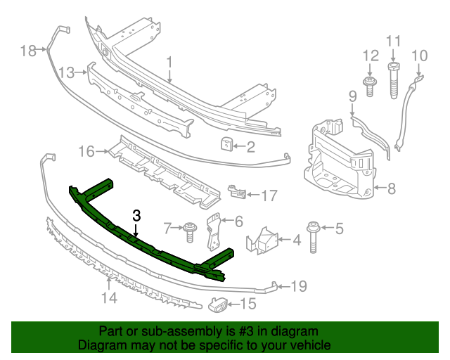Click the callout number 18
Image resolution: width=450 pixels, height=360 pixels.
(x=28, y=51)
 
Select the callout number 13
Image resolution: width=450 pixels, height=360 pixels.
(x=67, y=72)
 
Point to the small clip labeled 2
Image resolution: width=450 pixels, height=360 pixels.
(x=226, y=145)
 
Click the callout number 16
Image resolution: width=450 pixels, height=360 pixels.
(x=86, y=151)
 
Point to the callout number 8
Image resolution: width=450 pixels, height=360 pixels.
(x=392, y=188)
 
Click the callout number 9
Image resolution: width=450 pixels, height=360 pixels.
(x=353, y=96)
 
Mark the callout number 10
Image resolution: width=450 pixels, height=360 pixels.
(x=419, y=55)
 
